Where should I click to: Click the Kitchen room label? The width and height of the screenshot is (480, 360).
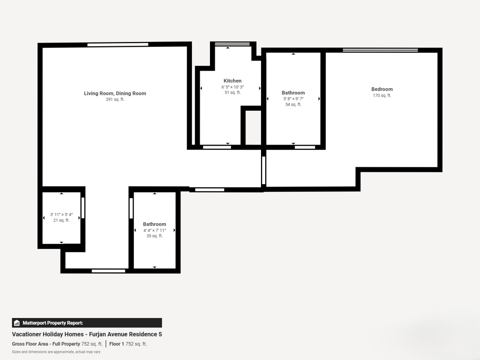[x=232, y=81]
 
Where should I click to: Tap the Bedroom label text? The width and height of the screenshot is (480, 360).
[x=382, y=89]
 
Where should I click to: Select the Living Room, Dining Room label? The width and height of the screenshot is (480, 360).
[x=115, y=93]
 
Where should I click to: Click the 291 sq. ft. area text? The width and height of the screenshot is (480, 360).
[x=115, y=99]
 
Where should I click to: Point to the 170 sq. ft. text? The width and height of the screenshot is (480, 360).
[x=382, y=96]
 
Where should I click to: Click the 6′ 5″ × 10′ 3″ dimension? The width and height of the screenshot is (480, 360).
[x=232, y=87]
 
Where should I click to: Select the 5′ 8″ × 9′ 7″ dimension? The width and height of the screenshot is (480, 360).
[x=293, y=99]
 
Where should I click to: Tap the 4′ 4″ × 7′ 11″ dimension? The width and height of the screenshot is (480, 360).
[x=154, y=230]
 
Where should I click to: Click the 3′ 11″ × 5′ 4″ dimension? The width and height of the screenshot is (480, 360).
[x=61, y=214]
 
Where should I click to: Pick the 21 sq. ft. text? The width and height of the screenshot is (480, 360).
[x=61, y=220]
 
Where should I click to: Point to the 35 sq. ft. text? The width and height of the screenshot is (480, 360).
[x=154, y=236]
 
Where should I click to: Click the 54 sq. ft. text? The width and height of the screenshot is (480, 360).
[x=293, y=105]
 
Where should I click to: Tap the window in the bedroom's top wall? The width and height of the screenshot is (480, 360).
[x=380, y=50]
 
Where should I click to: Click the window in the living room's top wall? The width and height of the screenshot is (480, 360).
[x=118, y=45]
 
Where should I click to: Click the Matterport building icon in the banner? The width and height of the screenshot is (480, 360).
[x=17, y=323]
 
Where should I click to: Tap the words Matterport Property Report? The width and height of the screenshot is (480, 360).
[x=53, y=323]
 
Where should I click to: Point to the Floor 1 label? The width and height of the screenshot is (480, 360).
[x=117, y=344]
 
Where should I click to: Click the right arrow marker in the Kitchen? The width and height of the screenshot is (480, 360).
[x=260, y=88]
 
